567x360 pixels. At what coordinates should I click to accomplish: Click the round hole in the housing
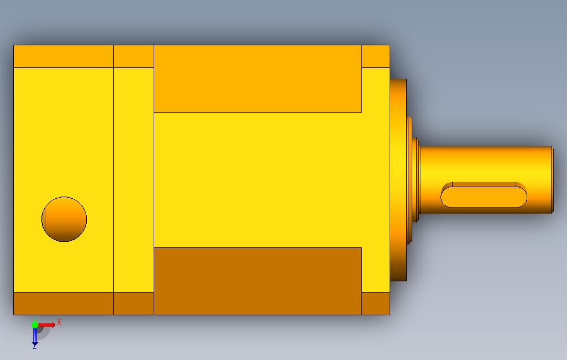[x=64, y=219]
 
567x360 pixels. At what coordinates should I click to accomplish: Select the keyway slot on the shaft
[x=484, y=195]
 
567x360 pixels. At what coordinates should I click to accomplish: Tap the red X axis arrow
[x=46, y=325]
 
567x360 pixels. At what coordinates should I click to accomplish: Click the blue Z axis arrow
[x=35, y=336]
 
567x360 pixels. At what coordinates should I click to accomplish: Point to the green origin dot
[x=35, y=325]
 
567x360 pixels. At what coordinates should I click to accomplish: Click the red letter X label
[x=59, y=322]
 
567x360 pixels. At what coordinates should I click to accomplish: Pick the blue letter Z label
[x=35, y=347]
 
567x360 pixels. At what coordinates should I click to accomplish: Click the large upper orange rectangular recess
[x=258, y=79]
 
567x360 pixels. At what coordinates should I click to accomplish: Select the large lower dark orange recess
[x=258, y=281]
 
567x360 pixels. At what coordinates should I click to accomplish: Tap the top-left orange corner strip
[x=64, y=56]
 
